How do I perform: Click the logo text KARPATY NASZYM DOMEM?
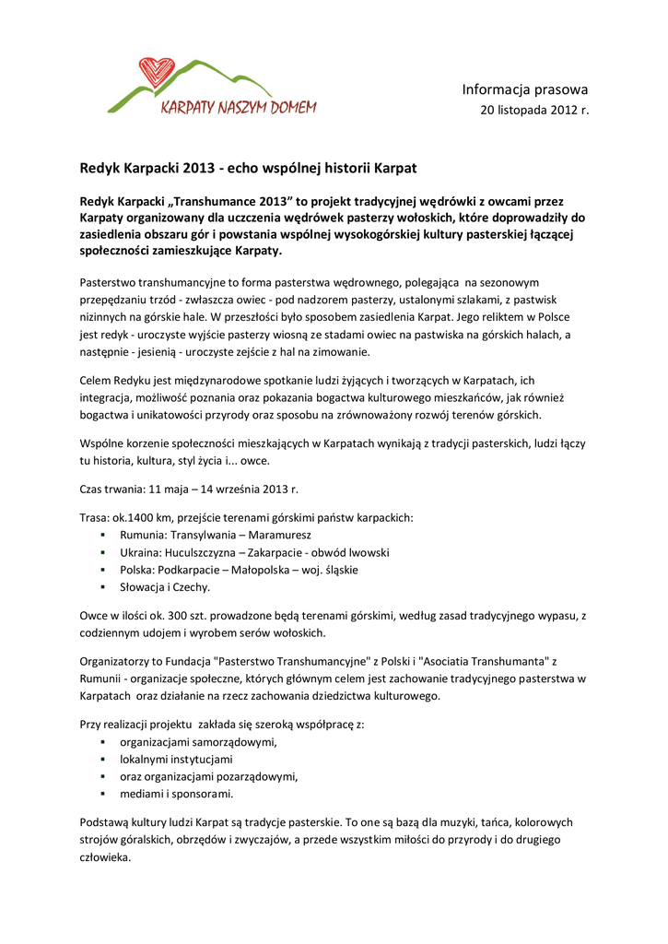tap(239, 107)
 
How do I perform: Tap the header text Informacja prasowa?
tap(524, 89)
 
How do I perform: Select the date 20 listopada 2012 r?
tap(534, 111)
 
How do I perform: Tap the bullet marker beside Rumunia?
tap(103, 535)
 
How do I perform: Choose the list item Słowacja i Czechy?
tap(165, 587)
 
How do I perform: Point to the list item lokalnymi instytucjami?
tap(176, 759)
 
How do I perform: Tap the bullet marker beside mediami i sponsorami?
tap(103, 794)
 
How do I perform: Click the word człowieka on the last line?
tap(104, 856)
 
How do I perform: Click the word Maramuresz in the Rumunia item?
tap(282, 535)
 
